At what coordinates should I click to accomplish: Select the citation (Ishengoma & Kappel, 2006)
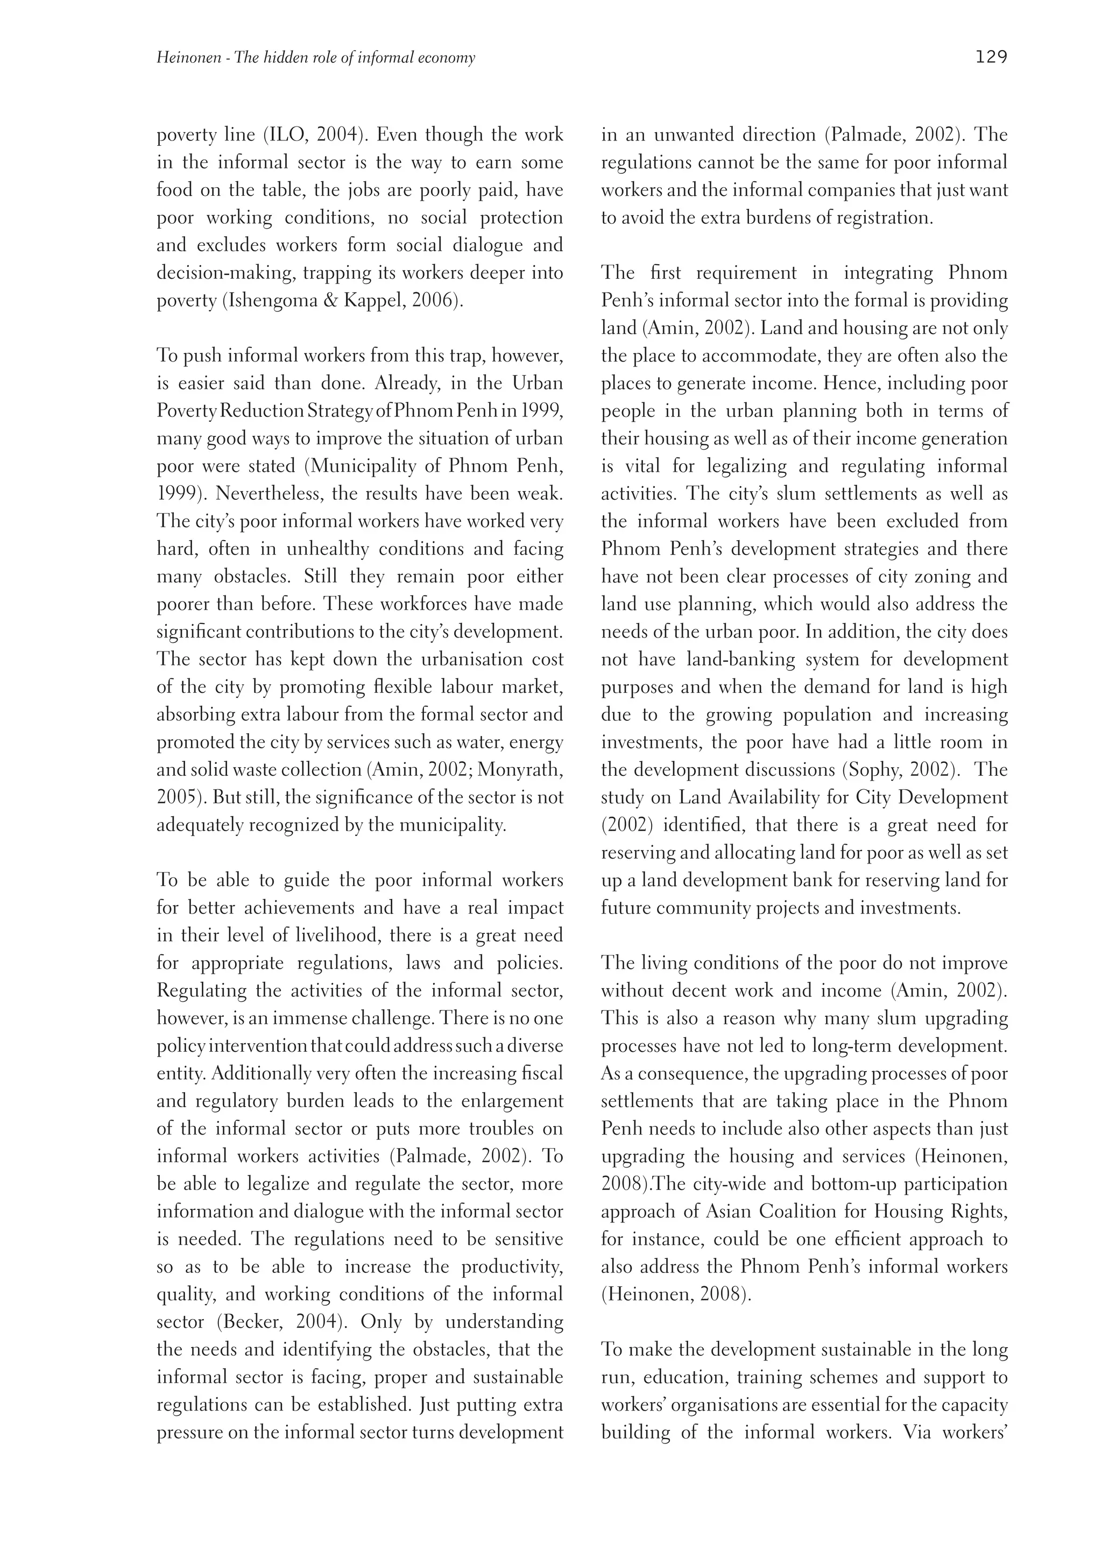pos(343,301)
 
